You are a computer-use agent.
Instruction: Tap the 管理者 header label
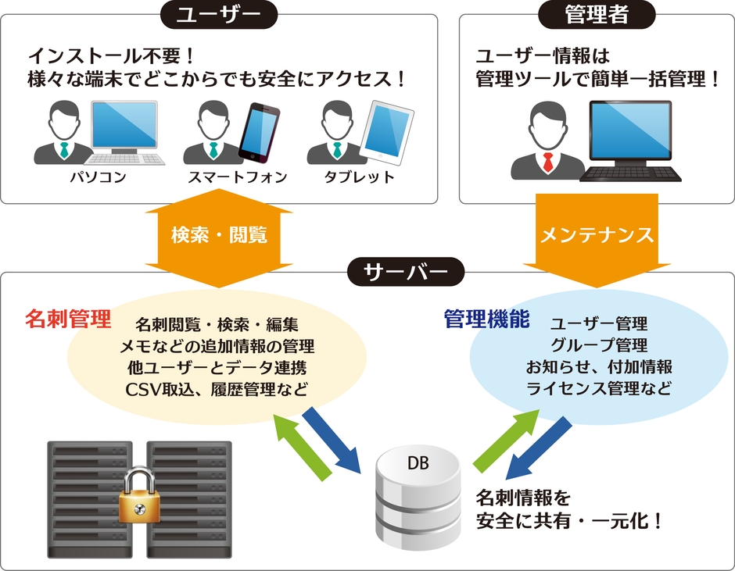(597, 13)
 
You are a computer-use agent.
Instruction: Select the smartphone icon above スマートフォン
(258, 130)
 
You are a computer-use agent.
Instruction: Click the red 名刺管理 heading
(68, 319)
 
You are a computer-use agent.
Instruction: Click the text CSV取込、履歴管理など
(217, 388)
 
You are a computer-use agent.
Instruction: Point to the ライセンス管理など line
(598, 388)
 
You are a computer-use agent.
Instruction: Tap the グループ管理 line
(598, 344)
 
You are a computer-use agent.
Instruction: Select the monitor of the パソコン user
(123, 125)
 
